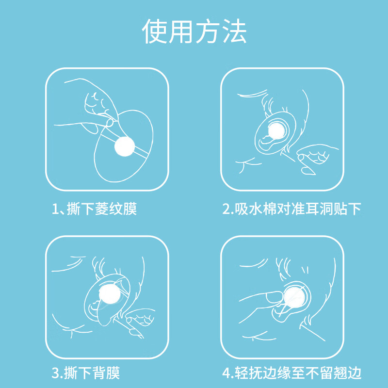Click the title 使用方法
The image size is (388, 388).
coord(194,32)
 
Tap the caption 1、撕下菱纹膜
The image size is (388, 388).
coord(95,209)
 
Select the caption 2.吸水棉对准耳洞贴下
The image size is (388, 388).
coord(292,209)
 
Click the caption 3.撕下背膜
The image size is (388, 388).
coord(86,373)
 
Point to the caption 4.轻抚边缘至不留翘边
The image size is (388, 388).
coord(292,373)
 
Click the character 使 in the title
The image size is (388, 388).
coord(155,32)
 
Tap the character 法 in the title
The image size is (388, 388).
coord(234,32)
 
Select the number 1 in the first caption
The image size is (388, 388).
coord(55,209)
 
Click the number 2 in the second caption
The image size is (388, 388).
coord(226,209)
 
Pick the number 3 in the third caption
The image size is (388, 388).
coord(55,373)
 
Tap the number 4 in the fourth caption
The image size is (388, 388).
coord(226,373)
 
